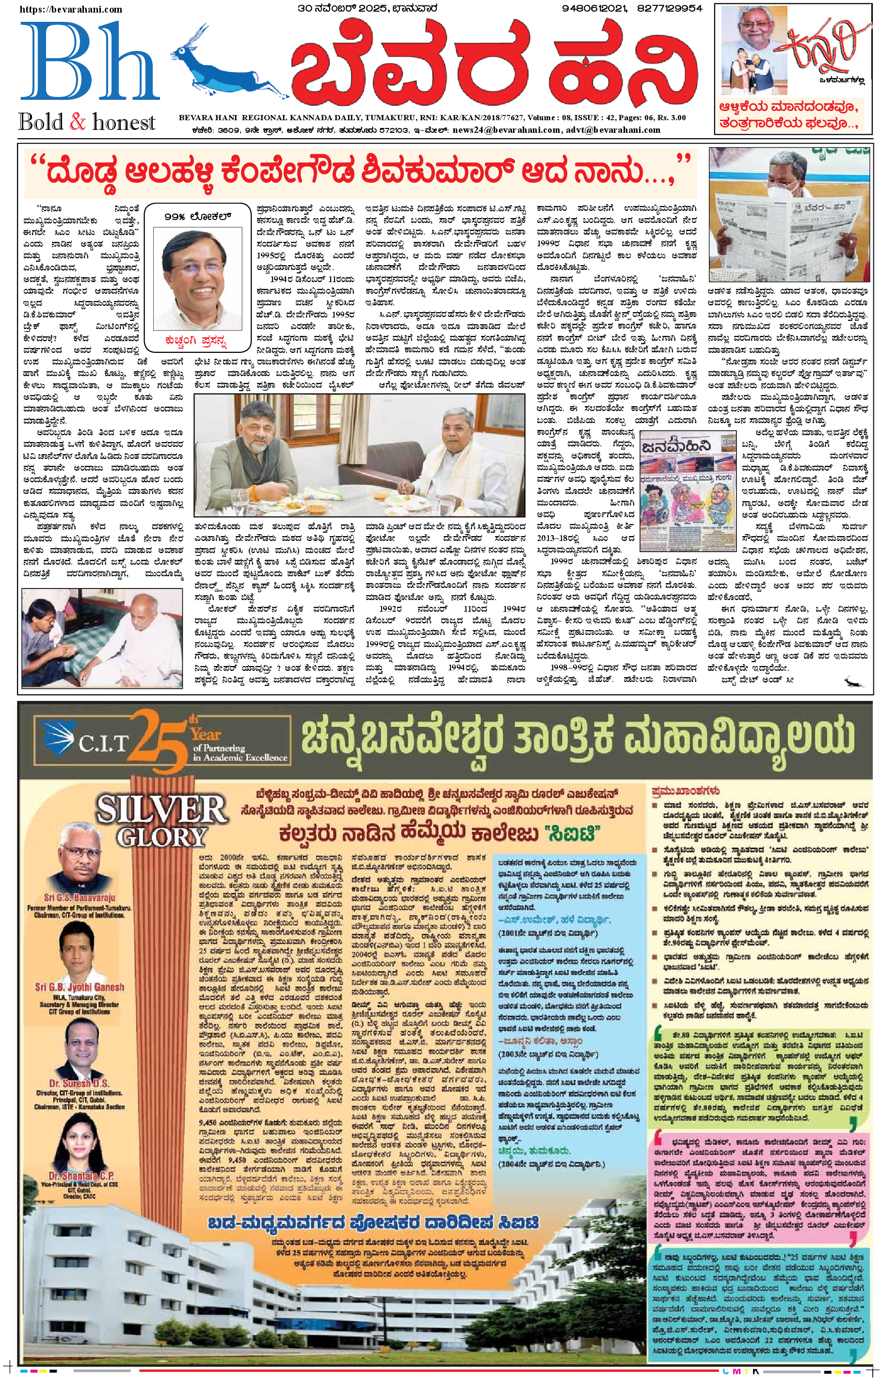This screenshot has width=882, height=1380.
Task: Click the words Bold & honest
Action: click(x=87, y=122)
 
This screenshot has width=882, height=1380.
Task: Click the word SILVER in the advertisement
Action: click(x=162, y=808)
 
